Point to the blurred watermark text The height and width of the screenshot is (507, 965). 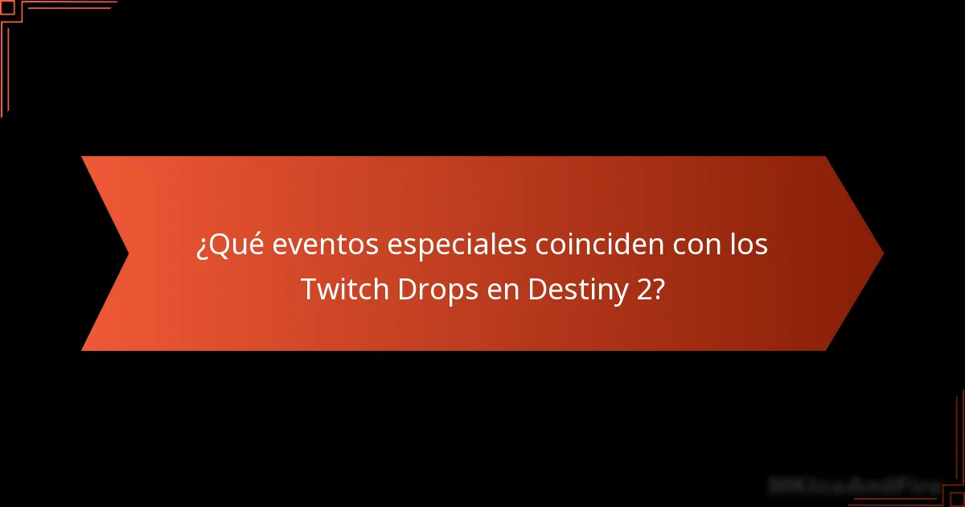click(852, 485)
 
